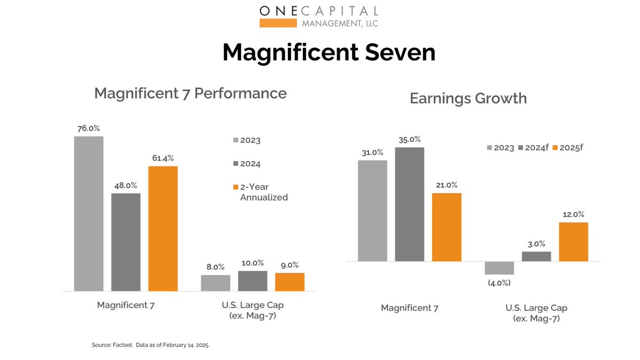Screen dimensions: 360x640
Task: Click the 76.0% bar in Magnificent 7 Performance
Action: click(x=89, y=213)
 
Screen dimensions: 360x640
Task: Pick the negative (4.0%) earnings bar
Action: click(x=499, y=268)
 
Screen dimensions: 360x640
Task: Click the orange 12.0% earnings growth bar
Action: click(x=573, y=242)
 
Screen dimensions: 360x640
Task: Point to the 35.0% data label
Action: click(x=410, y=140)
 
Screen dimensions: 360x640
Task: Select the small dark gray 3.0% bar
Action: click(x=536, y=257)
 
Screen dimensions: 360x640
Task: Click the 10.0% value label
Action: click(x=252, y=263)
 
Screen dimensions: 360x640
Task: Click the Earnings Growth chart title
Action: click(x=468, y=98)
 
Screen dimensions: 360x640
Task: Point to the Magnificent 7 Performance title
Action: click(x=190, y=93)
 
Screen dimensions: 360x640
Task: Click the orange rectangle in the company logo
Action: click(x=278, y=23)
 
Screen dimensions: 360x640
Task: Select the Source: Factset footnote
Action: click(x=151, y=345)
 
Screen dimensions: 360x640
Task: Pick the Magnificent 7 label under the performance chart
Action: click(x=125, y=305)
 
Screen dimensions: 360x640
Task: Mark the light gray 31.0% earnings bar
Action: click(x=372, y=211)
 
